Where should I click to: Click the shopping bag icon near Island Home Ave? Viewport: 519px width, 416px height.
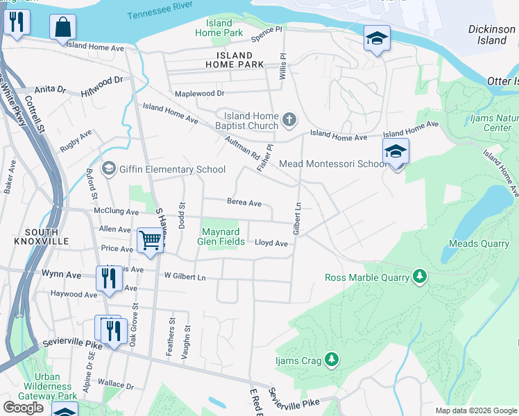pyautogui.click(x=62, y=28)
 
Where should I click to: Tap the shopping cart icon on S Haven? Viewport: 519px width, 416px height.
pyautogui.click(x=149, y=241)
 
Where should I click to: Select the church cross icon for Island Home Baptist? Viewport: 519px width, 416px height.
pyautogui.click(x=289, y=121)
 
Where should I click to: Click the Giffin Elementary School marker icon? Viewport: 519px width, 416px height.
pyautogui.click(x=108, y=168)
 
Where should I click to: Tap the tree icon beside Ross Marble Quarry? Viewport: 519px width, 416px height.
pyautogui.click(x=419, y=277)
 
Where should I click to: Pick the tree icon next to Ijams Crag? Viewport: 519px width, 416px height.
pyautogui.click(x=332, y=358)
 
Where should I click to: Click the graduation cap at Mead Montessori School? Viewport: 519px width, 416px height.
pyautogui.click(x=395, y=152)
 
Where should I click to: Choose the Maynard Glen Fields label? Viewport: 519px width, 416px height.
pyautogui.click(x=223, y=236)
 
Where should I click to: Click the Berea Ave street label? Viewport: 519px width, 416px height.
pyautogui.click(x=244, y=203)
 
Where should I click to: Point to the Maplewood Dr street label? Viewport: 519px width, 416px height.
pyautogui.click(x=200, y=93)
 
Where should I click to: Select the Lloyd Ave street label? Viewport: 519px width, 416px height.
pyautogui.click(x=271, y=243)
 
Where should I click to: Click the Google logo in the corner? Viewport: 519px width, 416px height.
pyautogui.click(x=23, y=408)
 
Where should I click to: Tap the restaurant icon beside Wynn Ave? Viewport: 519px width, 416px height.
pyautogui.click(x=109, y=278)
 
